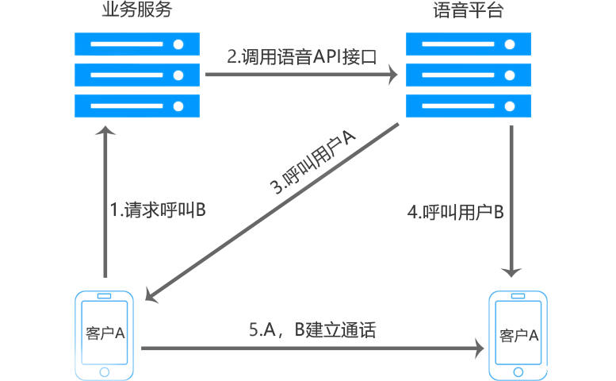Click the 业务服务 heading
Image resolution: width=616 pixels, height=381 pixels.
[137, 11]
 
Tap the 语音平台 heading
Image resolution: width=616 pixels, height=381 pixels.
[468, 11]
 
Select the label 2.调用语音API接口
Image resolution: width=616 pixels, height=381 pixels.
[300, 57]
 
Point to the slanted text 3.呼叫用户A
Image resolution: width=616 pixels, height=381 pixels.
[314, 164]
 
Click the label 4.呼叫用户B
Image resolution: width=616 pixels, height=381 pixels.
[457, 212]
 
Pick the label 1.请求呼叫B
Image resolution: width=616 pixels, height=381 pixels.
[159, 210]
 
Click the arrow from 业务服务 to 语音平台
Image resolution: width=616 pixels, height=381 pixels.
[301, 75]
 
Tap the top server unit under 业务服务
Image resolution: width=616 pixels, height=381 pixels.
[136, 43]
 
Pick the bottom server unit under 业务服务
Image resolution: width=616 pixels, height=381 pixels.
[136, 105]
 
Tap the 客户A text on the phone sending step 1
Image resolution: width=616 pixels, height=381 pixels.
[105, 333]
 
